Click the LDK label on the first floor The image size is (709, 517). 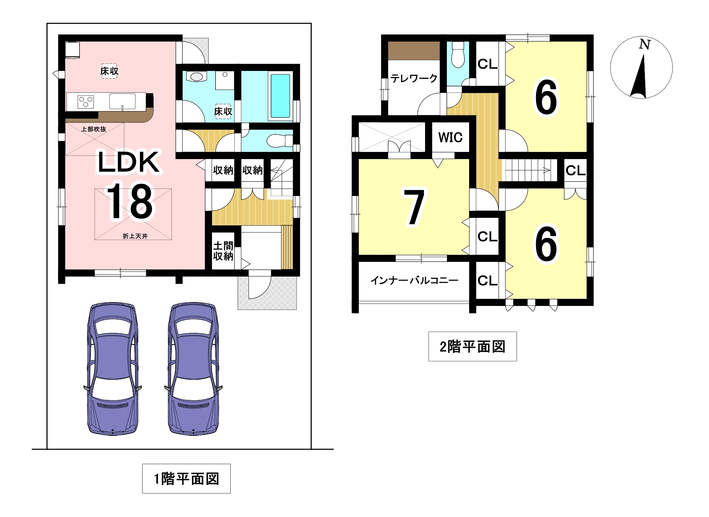click(x=129, y=162)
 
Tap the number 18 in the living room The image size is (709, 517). click(x=131, y=201)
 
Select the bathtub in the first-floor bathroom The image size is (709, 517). click(x=280, y=96)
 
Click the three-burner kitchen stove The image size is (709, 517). click(x=86, y=101)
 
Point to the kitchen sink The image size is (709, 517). click(x=122, y=101)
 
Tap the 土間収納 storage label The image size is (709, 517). click(x=223, y=251)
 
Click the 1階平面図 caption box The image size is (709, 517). click(x=186, y=479)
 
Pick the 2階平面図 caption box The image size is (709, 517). click(x=473, y=346)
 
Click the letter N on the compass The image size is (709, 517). click(x=645, y=44)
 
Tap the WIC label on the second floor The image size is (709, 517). click(x=450, y=137)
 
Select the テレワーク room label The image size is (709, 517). click(x=414, y=78)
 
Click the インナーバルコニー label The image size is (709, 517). click(x=414, y=280)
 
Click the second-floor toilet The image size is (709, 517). click(x=458, y=55)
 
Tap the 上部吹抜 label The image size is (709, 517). click(x=93, y=129)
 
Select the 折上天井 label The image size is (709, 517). click(x=135, y=236)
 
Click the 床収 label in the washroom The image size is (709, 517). click(x=223, y=111)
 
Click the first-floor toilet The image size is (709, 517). click(x=280, y=140)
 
